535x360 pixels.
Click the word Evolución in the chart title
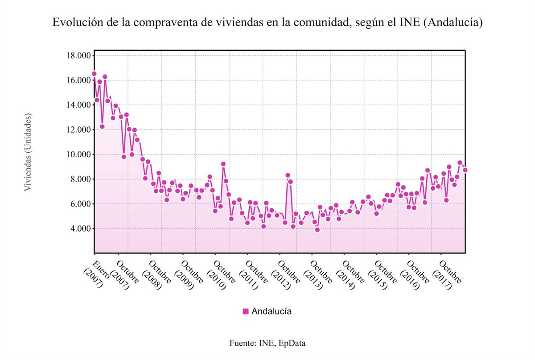[73, 22]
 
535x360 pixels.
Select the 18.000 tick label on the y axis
[79, 56]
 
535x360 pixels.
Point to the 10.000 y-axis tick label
[79, 155]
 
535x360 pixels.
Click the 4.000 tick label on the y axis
[81, 229]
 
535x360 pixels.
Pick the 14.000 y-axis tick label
[79, 105]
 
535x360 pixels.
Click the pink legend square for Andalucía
[246, 311]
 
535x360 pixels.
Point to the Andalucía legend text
[272, 311]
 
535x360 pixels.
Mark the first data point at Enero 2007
[94, 74]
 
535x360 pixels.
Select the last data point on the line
[465, 170]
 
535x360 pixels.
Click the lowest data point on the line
[317, 229]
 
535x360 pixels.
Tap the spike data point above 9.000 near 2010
[223, 164]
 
